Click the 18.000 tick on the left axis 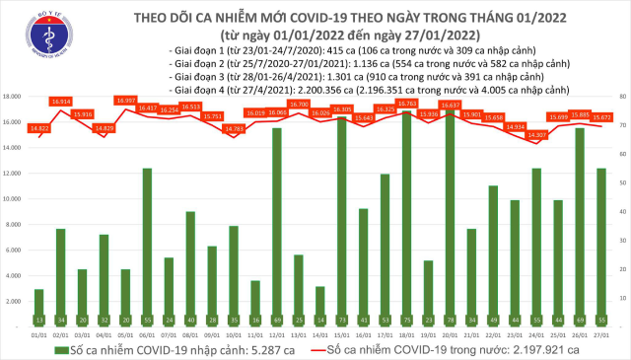point(13,97)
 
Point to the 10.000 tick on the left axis point(13,198)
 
